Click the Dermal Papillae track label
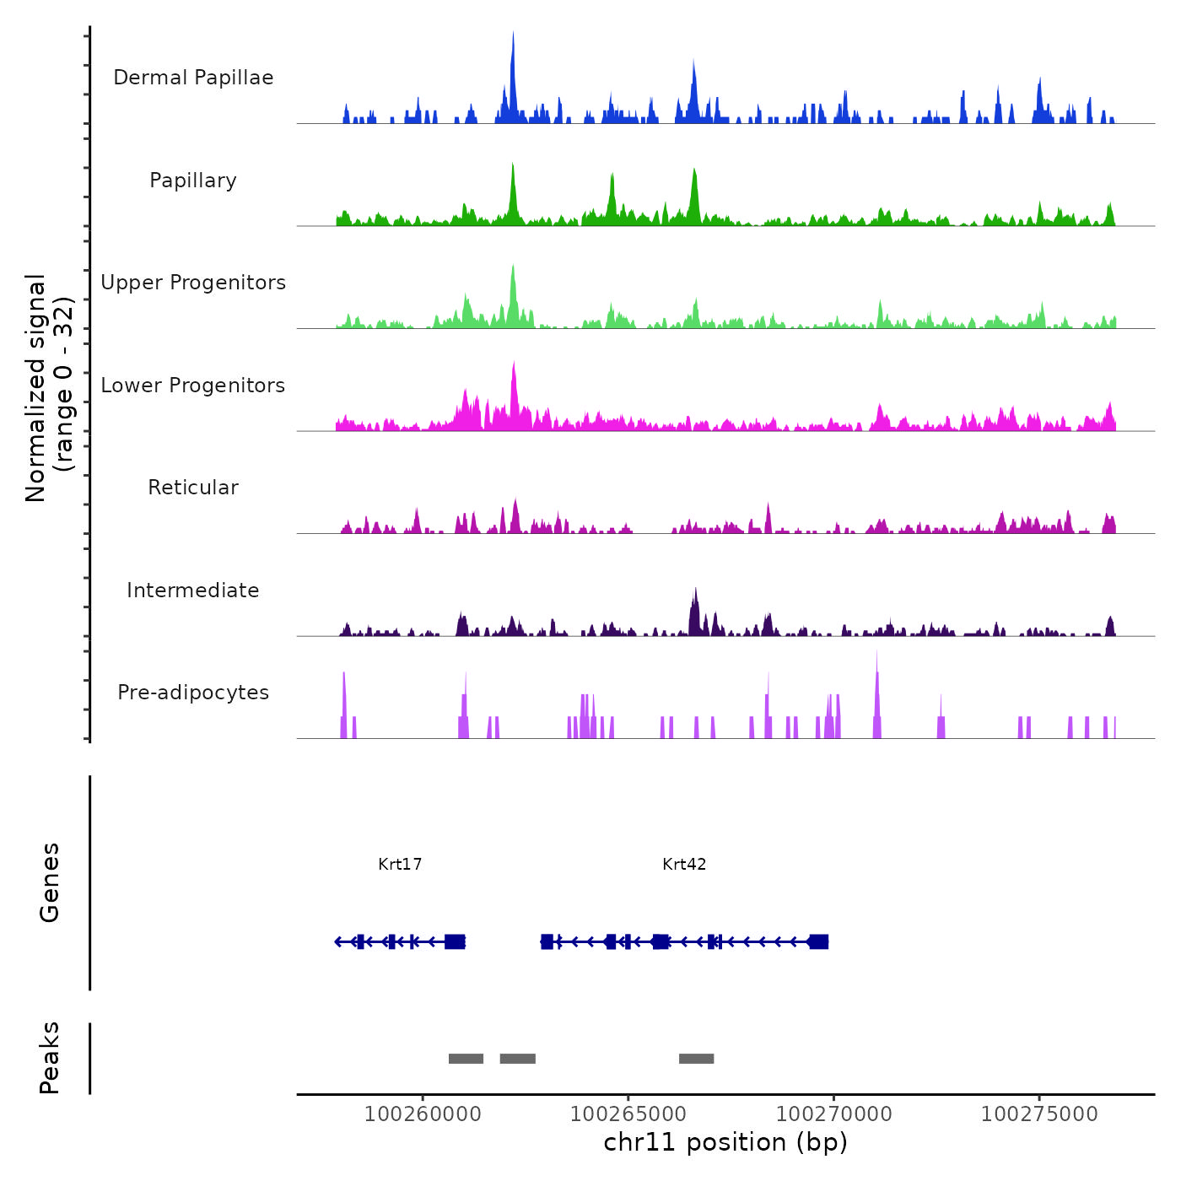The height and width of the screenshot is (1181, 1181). pos(193,78)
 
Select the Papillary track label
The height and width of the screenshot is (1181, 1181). pos(193,181)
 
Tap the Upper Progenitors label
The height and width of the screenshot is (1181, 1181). pos(193,283)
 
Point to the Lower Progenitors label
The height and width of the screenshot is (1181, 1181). pos(193,386)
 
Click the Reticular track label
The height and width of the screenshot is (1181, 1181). pos(193,488)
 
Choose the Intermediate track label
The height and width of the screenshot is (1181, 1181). pos(193,590)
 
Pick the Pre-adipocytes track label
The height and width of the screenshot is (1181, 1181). pos(193,693)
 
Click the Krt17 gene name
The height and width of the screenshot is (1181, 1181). pos(400,864)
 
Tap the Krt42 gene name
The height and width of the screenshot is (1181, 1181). pos(684,864)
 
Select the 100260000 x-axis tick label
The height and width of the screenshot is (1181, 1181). pos(423,1114)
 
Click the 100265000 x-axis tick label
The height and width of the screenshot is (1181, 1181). pos(628,1114)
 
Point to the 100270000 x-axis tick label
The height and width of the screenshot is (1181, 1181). pos(833,1114)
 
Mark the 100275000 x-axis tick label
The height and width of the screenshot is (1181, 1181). pos(1039,1114)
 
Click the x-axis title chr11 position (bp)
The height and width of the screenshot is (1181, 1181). pos(725,1142)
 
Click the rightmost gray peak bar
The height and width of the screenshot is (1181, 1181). pos(696,1059)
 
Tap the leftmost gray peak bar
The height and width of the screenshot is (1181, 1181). pos(466,1059)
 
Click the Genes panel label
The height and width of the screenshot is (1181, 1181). pos(49,882)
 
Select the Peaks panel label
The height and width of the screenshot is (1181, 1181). pos(49,1058)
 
